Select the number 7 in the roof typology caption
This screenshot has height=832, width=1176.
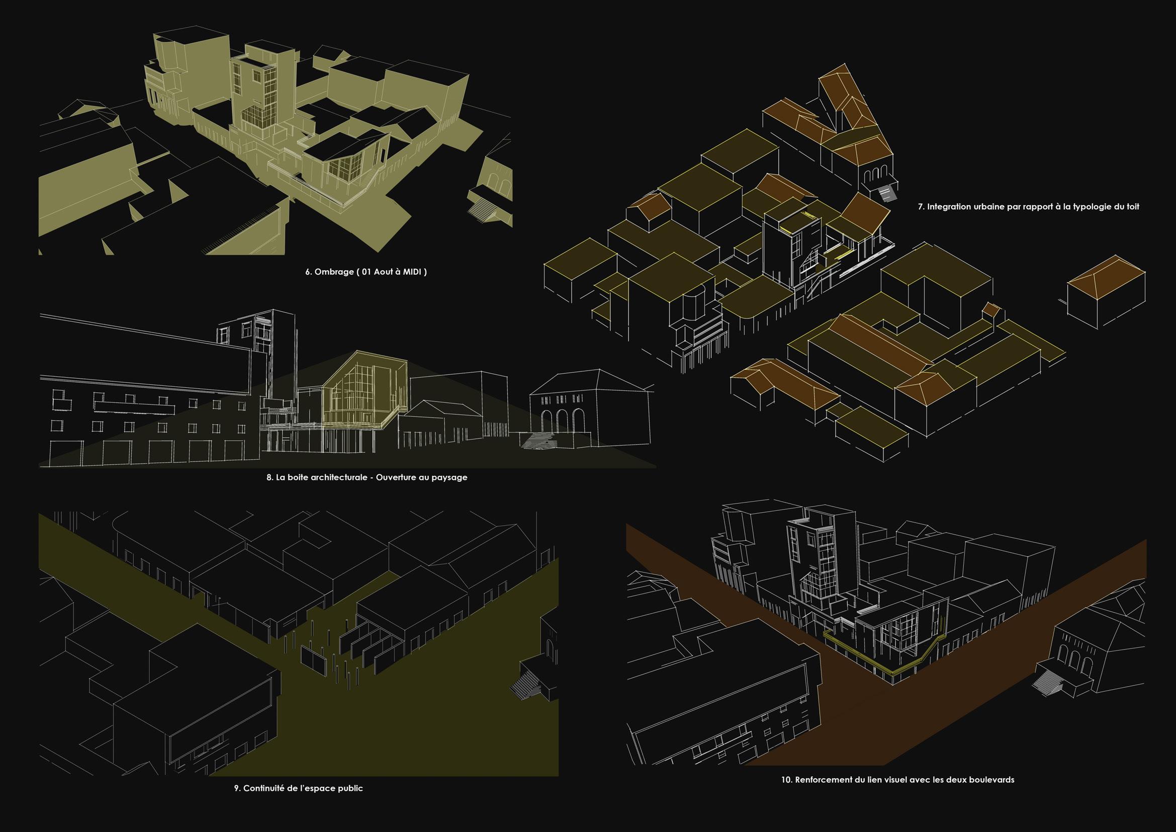[921, 207]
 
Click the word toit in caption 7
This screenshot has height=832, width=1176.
[1131, 207]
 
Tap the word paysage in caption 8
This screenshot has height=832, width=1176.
[449, 477]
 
